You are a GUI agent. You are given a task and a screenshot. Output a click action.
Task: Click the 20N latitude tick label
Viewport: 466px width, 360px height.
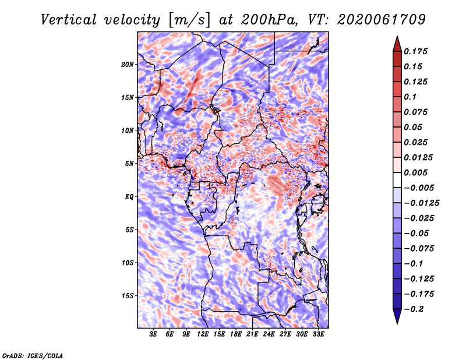pyautogui.click(x=127, y=65)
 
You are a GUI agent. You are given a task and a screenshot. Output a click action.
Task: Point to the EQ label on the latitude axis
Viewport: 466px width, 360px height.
pyautogui.click(x=129, y=197)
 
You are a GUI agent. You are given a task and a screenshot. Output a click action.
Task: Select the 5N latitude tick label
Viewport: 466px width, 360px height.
pyautogui.click(x=129, y=164)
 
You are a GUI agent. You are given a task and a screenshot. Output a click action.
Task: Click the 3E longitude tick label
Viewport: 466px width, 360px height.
pyautogui.click(x=153, y=334)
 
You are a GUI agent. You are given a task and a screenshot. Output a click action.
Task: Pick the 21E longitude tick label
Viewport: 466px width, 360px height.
pyautogui.click(x=252, y=334)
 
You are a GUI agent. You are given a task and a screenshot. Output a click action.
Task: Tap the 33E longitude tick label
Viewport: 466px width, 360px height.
pyautogui.click(x=318, y=334)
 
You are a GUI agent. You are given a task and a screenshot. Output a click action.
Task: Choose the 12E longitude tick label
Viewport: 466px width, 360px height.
pyautogui.click(x=202, y=334)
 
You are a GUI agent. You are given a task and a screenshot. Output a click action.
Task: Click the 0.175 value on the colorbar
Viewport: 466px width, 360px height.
pyautogui.click(x=415, y=51)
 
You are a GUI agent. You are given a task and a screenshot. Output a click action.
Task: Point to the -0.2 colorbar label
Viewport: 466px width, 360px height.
pyautogui.click(x=413, y=309)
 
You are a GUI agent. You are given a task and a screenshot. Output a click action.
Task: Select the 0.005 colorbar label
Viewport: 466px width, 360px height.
pyautogui.click(x=415, y=172)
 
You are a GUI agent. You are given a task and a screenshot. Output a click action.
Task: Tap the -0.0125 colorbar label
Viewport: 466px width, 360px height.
pyautogui.click(x=421, y=203)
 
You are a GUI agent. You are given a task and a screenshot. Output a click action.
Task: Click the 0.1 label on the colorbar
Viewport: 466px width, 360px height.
pyautogui.click(x=410, y=97)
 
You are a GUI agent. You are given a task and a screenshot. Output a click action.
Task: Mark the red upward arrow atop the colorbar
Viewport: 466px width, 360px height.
pyautogui.click(x=397, y=44)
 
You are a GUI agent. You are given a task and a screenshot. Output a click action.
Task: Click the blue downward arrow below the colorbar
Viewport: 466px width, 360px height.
pyautogui.click(x=397, y=316)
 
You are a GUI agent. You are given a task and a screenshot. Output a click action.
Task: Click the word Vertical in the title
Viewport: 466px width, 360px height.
pyautogui.click(x=69, y=20)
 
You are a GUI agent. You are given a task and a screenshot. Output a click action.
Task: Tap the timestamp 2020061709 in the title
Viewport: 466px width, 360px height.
pyautogui.click(x=382, y=20)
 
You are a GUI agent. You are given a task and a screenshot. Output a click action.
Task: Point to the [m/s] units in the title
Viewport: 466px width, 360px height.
pyautogui.click(x=189, y=20)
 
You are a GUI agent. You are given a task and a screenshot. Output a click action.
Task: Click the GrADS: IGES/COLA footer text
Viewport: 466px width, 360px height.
pyautogui.click(x=33, y=356)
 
